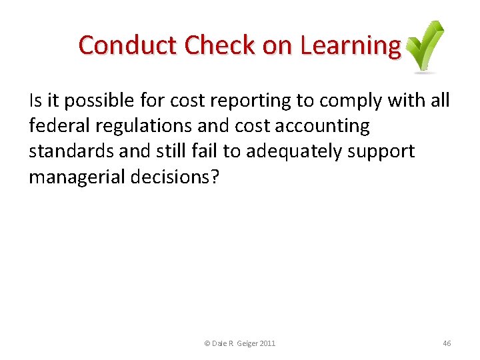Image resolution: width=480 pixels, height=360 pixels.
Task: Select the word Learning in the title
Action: [x=351, y=45]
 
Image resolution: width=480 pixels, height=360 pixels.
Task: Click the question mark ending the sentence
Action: [x=214, y=177]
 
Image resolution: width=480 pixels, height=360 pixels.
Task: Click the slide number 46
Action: [x=447, y=343]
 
